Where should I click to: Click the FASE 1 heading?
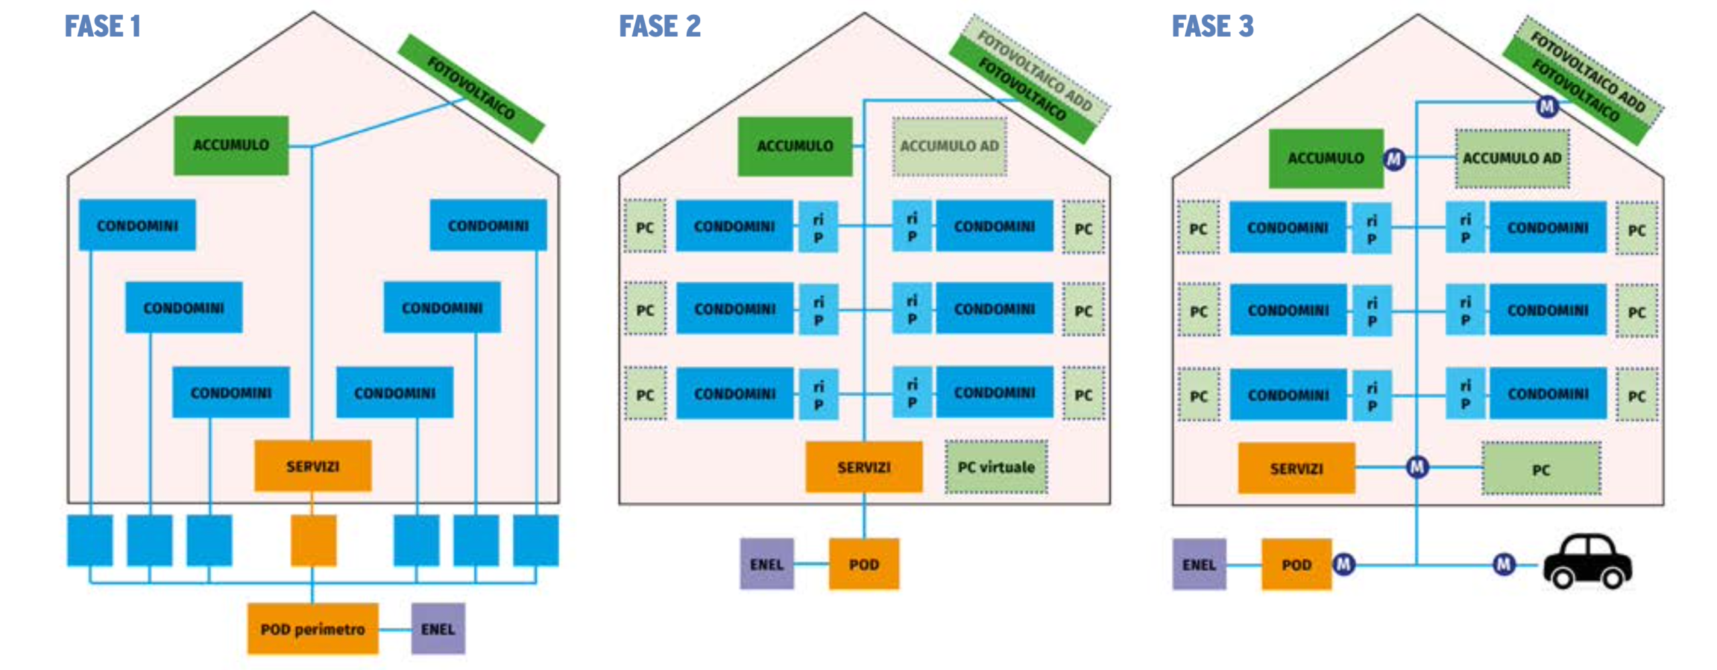[x=102, y=27]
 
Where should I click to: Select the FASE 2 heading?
[x=659, y=27]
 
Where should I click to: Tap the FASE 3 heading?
[x=1212, y=27]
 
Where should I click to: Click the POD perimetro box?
[x=312, y=628]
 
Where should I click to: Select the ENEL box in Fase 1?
[x=437, y=628]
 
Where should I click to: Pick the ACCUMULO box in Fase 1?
[x=231, y=145]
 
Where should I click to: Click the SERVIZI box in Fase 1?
[x=313, y=465]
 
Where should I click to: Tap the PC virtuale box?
[x=996, y=467]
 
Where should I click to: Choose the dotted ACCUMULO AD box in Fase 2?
[x=948, y=146]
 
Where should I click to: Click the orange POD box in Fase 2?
[x=863, y=564]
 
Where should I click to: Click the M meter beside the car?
[x=1504, y=564]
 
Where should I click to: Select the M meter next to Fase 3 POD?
[x=1343, y=564]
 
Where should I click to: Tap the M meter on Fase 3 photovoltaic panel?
[x=1547, y=106]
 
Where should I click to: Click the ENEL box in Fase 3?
[x=1199, y=564]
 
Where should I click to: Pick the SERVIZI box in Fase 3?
[x=1296, y=468]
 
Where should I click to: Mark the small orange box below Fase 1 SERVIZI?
[x=313, y=540]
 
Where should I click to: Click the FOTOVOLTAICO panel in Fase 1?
[x=471, y=88]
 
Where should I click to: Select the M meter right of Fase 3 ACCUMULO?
[x=1394, y=159]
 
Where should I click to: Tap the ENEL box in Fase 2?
[x=766, y=564]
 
